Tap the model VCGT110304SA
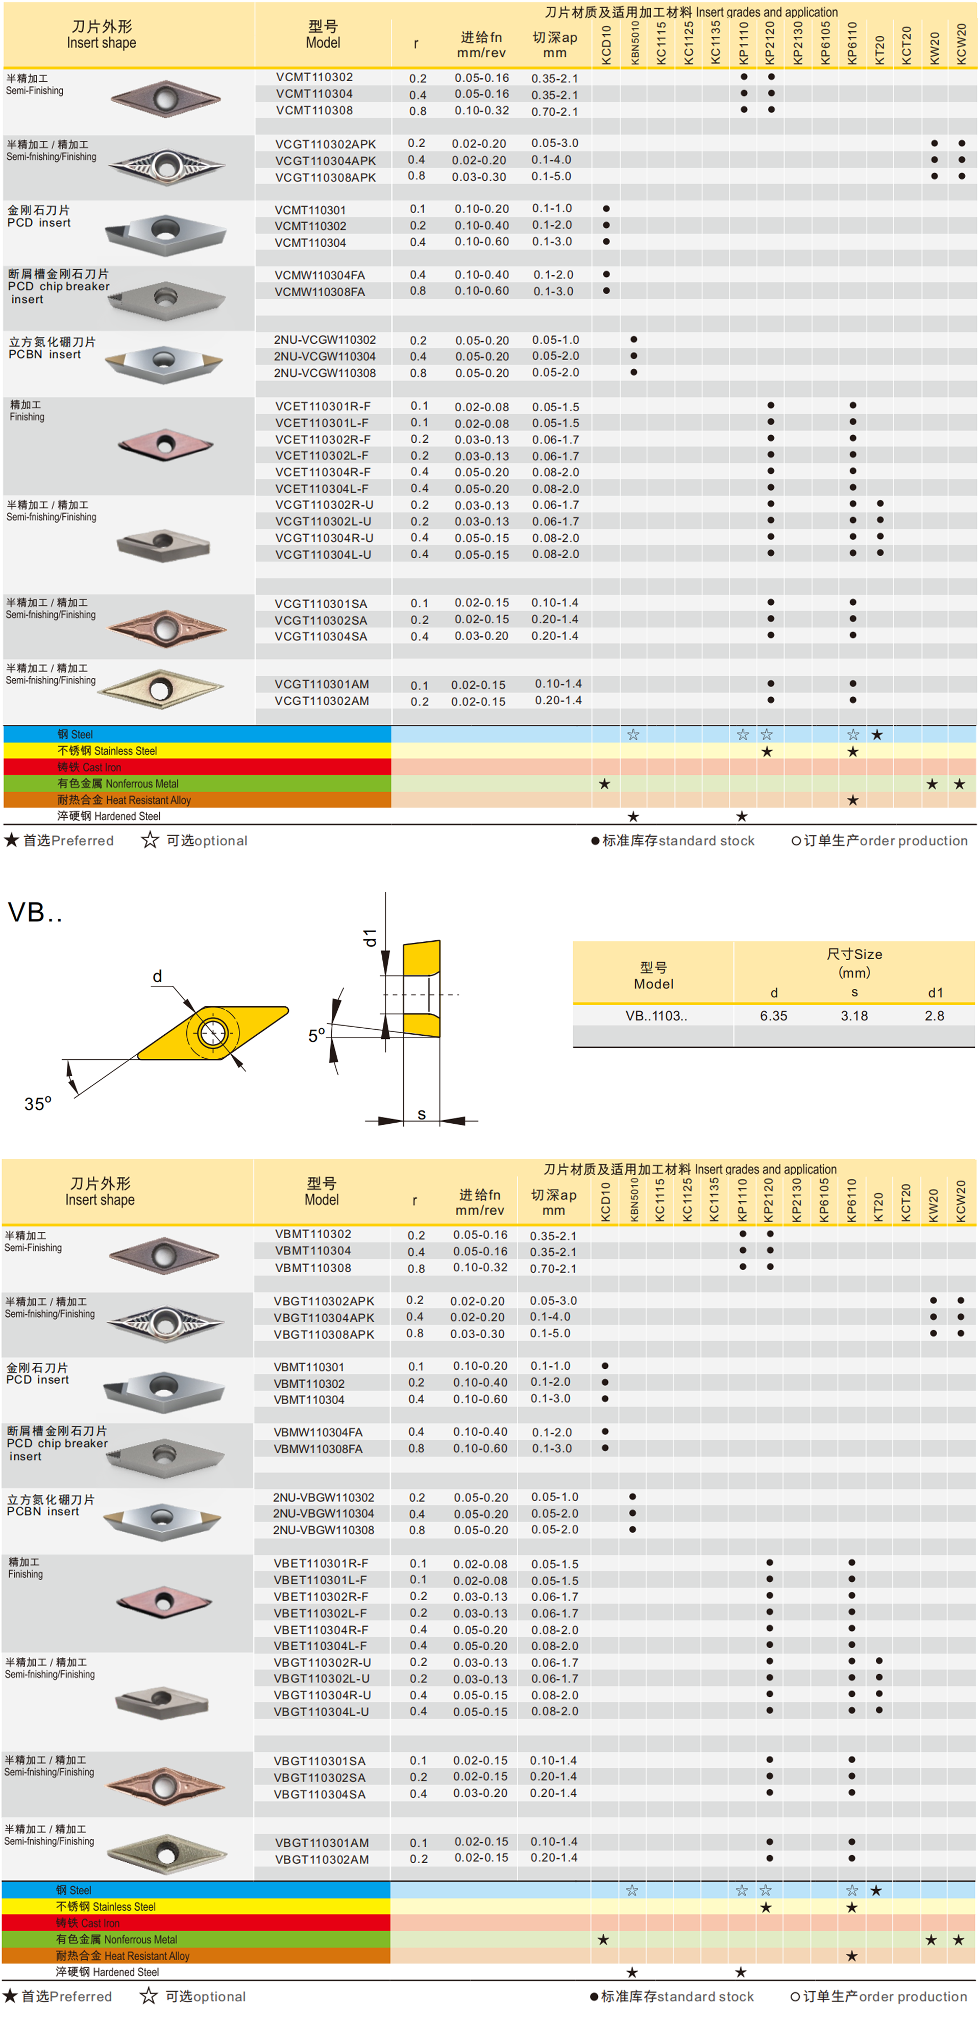pyautogui.click(x=321, y=636)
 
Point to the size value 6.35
pyautogui.click(x=773, y=1016)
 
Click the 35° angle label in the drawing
pyautogui.click(x=37, y=1103)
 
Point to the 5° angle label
pyautogui.click(x=316, y=1035)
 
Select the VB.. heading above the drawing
pyautogui.click(x=35, y=912)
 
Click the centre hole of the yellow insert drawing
pyautogui.click(x=212, y=1033)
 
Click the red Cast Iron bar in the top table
pyautogui.click(x=197, y=767)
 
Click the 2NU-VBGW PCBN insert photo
pyautogui.click(x=164, y=1521)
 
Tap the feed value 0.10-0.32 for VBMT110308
pyautogui.click(x=480, y=1267)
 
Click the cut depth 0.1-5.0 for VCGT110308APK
pyautogui.click(x=551, y=176)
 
